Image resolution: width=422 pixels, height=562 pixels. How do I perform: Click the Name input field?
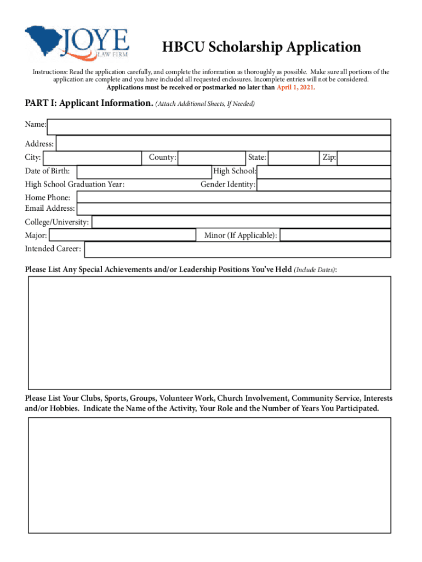(x=219, y=127)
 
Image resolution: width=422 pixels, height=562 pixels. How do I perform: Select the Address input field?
(x=223, y=144)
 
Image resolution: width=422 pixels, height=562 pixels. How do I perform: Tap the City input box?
(x=92, y=158)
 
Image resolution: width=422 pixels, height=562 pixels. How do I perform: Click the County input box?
(x=212, y=158)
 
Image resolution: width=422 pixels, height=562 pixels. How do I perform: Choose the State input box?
(x=293, y=158)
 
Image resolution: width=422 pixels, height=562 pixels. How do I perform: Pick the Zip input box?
(x=364, y=158)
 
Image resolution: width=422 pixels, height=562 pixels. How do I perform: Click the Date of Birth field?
(x=144, y=171)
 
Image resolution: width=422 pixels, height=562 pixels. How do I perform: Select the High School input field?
(x=324, y=172)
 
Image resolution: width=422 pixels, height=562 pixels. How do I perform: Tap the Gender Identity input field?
(x=324, y=184)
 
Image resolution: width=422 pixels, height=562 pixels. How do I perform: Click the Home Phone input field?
(x=233, y=197)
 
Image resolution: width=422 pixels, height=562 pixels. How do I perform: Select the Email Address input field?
(x=233, y=209)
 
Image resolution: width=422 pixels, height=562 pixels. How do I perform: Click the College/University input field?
(x=241, y=222)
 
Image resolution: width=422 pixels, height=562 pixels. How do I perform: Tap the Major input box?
(x=122, y=235)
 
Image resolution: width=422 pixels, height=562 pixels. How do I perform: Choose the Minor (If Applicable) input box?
(x=335, y=235)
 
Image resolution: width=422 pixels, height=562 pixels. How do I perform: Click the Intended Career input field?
(x=237, y=250)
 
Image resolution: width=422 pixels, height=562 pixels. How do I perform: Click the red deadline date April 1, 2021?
(x=296, y=87)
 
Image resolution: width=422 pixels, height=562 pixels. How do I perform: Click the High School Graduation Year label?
(x=75, y=184)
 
